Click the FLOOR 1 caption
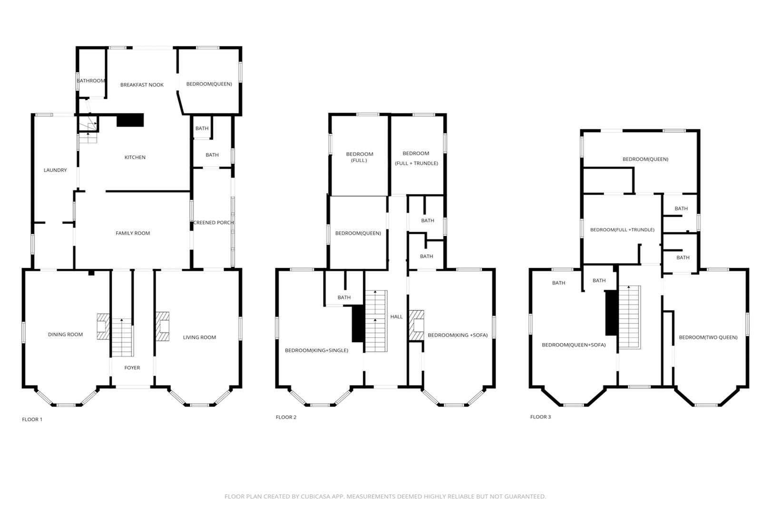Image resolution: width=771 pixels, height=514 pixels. (32, 419)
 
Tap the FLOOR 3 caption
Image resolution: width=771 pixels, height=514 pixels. (540, 417)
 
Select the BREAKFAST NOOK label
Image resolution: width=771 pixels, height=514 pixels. (142, 85)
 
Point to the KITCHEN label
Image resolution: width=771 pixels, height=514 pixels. (135, 158)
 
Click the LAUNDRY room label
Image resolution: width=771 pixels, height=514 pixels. (55, 170)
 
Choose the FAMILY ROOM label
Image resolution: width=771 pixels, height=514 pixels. (133, 233)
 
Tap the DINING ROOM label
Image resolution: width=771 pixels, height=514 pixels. (65, 335)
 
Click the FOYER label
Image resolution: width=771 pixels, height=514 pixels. (132, 368)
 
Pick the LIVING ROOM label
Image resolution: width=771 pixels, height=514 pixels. (200, 337)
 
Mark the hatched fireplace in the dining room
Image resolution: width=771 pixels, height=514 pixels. (103, 326)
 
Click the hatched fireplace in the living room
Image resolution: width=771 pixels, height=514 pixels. (163, 326)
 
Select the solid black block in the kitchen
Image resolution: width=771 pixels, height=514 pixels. (130, 120)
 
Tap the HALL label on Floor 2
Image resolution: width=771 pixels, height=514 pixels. (397, 316)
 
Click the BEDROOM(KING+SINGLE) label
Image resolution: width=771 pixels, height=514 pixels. (317, 351)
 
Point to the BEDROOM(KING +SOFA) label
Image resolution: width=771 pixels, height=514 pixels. (458, 335)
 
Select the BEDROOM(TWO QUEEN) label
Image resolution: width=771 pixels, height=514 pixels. (708, 337)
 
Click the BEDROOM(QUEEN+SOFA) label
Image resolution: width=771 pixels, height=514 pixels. (574, 345)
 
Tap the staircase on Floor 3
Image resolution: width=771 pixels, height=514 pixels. (630, 317)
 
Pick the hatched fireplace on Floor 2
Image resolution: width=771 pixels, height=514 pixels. (417, 325)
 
